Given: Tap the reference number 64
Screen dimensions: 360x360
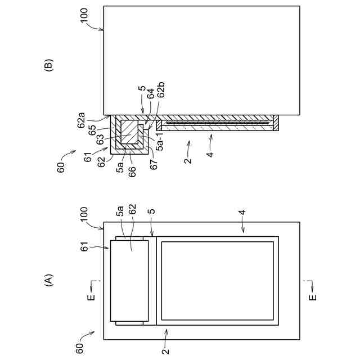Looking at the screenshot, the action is [150, 99].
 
